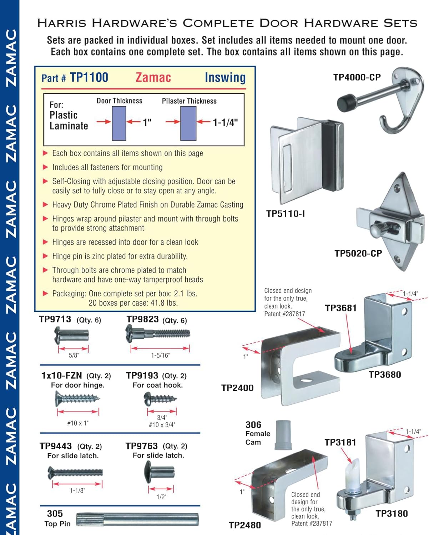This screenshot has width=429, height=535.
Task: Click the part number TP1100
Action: point(89,77)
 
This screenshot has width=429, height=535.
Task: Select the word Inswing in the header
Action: point(225,77)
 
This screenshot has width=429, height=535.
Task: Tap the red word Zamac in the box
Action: point(153,77)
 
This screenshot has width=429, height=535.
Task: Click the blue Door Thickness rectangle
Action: point(119,123)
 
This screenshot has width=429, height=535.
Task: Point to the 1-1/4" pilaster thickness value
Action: point(225,123)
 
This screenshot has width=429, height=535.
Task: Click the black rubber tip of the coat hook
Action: point(345,102)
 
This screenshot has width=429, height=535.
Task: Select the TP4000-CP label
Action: point(357,77)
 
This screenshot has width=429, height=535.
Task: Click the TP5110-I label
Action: point(285,214)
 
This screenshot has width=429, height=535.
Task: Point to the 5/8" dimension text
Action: point(74,355)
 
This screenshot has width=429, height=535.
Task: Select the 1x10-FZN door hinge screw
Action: point(77,398)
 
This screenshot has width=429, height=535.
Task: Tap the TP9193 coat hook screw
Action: point(160,398)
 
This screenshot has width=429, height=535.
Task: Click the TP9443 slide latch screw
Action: point(75,473)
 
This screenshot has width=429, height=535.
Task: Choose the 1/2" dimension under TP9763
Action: point(161,497)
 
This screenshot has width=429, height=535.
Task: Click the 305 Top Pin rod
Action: point(137,519)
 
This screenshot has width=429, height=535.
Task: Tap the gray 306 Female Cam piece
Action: point(283,434)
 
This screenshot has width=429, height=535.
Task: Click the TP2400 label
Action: point(237,388)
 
